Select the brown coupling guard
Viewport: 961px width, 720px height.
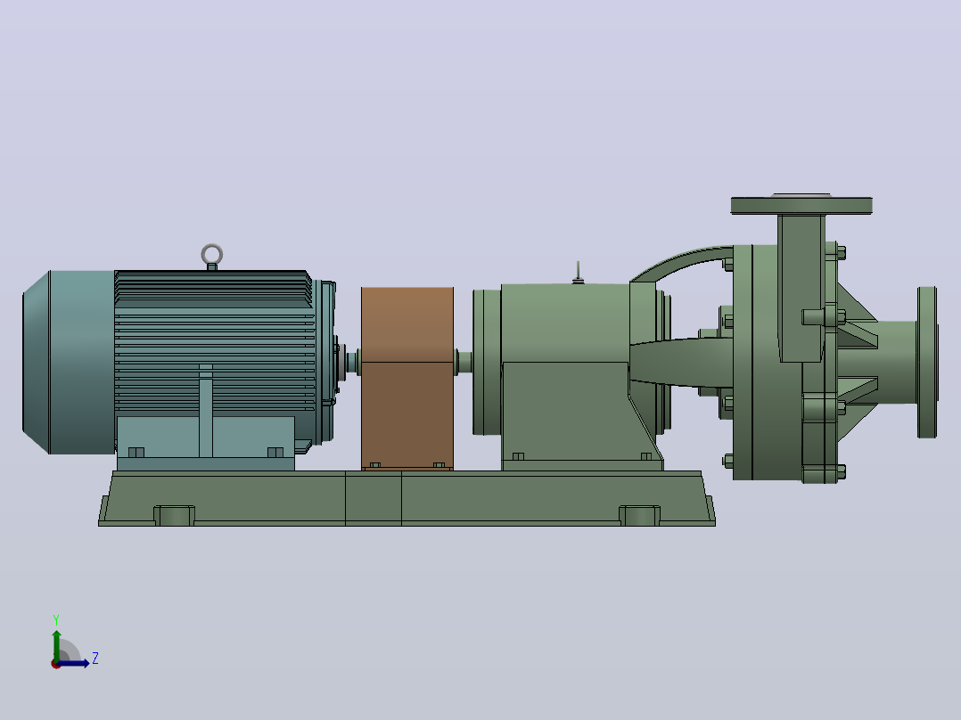coord(407,378)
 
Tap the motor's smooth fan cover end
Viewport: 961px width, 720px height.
coord(68,362)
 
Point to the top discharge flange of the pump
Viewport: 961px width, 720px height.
coord(801,205)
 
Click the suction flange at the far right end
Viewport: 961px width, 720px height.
coord(927,362)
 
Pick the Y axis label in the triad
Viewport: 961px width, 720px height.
coord(56,620)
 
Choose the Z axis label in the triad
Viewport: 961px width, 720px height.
coord(95,659)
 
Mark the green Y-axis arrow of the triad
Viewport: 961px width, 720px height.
coord(56,646)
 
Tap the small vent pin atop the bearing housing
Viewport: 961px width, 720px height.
coord(578,272)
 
